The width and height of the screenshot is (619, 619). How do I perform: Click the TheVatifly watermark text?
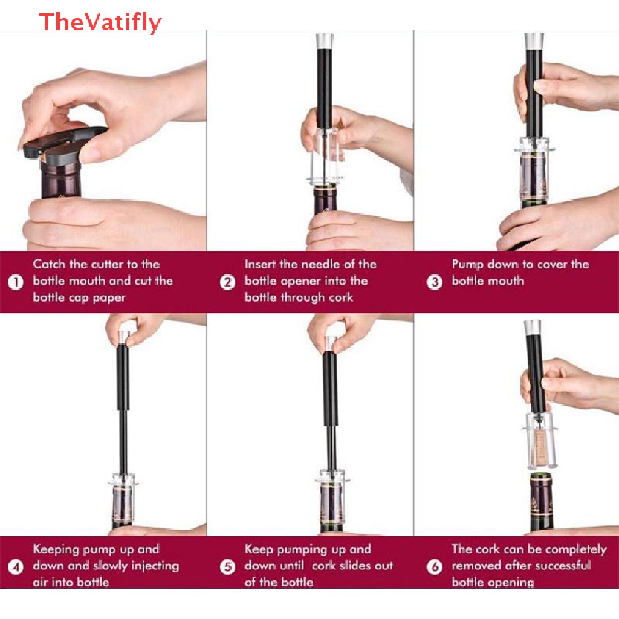(x=100, y=22)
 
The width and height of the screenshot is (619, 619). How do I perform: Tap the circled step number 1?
(x=16, y=282)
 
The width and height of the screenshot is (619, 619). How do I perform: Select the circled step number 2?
(x=227, y=282)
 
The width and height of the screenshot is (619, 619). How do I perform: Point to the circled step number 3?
(x=435, y=282)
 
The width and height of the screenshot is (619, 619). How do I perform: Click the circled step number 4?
(x=16, y=567)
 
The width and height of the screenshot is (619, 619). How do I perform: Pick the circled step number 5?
(x=227, y=567)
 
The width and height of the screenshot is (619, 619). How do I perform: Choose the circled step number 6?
(x=435, y=567)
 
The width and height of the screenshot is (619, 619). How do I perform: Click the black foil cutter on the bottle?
(x=63, y=142)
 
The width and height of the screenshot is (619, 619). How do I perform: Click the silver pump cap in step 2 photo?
(x=325, y=41)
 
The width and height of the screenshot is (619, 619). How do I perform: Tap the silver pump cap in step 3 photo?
(x=534, y=41)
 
